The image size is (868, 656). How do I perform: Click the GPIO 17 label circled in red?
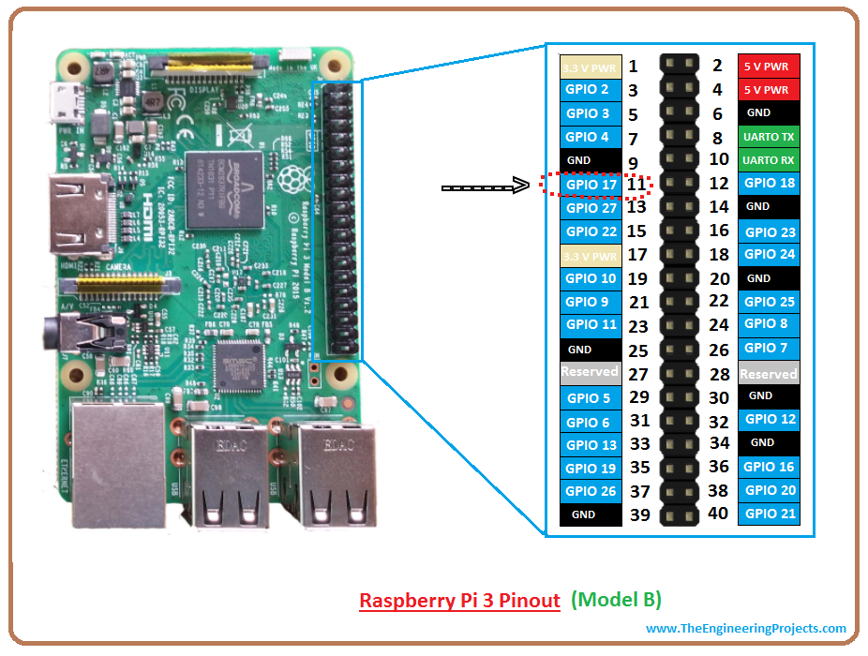point(591,185)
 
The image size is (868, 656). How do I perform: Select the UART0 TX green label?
point(768,137)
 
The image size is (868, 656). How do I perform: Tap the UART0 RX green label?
point(768,160)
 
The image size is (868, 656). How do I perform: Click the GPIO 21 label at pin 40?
point(769,514)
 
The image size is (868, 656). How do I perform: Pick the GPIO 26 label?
point(591,491)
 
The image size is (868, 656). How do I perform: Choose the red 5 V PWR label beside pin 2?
point(768,66)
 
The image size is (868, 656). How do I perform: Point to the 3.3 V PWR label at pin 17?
point(591,255)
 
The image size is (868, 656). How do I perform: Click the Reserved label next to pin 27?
point(590,372)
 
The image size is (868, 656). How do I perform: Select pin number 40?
point(717,513)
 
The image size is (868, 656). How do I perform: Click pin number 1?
point(633,66)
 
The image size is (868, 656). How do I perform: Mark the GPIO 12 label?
point(769,419)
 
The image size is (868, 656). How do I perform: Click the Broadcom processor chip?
point(221,187)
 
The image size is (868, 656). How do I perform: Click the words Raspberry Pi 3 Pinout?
point(460,600)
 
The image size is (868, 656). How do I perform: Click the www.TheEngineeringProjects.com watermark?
point(746,629)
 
